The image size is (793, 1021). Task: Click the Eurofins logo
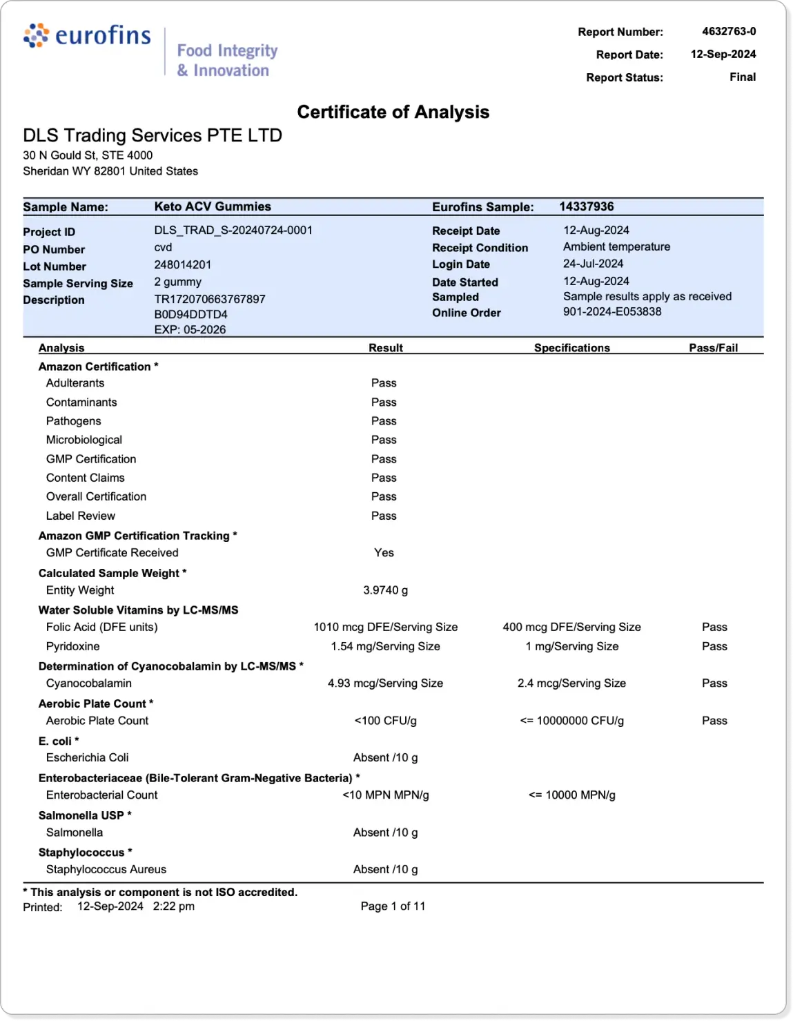pyautogui.click(x=87, y=36)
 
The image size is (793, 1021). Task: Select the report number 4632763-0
pyautogui.click(x=728, y=32)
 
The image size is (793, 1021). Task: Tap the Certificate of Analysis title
pyautogui.click(x=393, y=113)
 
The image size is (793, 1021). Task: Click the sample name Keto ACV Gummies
pyautogui.click(x=213, y=206)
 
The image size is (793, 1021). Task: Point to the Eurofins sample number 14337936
pyautogui.click(x=586, y=206)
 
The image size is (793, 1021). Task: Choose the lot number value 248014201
pyautogui.click(x=183, y=265)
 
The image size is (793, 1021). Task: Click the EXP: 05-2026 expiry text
pyautogui.click(x=190, y=330)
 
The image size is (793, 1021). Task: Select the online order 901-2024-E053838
pyautogui.click(x=612, y=312)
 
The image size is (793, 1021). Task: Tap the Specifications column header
pyautogui.click(x=571, y=348)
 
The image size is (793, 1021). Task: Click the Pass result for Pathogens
pyautogui.click(x=384, y=421)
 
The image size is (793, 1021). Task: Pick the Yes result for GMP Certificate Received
pyautogui.click(x=384, y=553)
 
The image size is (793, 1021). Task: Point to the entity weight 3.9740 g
pyautogui.click(x=385, y=590)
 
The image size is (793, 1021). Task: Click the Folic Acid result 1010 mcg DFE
pyautogui.click(x=385, y=628)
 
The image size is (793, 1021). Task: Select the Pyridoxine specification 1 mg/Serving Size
pyautogui.click(x=571, y=647)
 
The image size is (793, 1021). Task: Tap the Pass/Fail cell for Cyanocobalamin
pyautogui.click(x=714, y=683)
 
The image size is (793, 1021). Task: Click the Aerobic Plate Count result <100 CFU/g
pyautogui.click(x=385, y=721)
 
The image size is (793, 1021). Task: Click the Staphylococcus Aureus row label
pyautogui.click(x=106, y=870)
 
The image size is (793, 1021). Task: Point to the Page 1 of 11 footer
pyautogui.click(x=393, y=906)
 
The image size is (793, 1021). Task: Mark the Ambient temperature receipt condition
pyautogui.click(x=616, y=247)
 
